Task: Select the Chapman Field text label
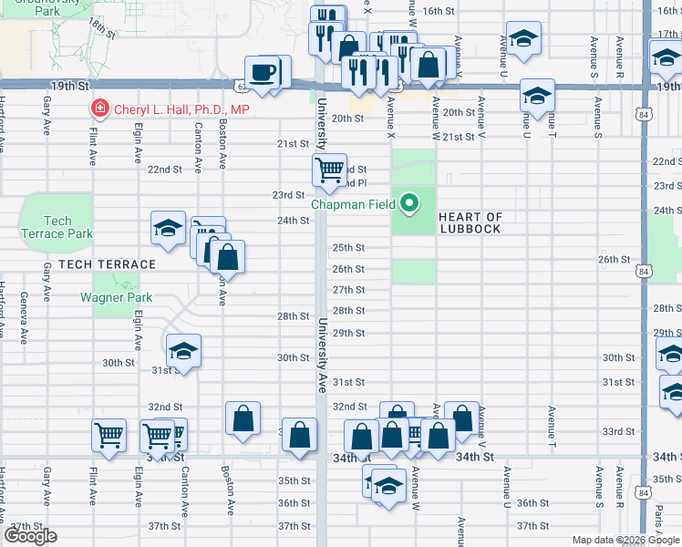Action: tap(353, 204)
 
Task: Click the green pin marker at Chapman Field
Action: tap(410, 203)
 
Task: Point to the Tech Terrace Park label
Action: tap(57, 227)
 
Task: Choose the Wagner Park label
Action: tap(116, 297)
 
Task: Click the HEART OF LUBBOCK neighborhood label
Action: tap(470, 222)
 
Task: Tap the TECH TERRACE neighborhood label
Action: tap(107, 264)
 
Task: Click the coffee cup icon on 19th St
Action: tap(263, 72)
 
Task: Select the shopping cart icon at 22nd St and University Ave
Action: tap(328, 169)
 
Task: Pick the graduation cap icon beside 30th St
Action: tap(183, 351)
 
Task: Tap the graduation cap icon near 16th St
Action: tap(523, 40)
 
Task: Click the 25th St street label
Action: tap(348, 248)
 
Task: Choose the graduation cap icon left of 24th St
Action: tap(168, 228)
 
